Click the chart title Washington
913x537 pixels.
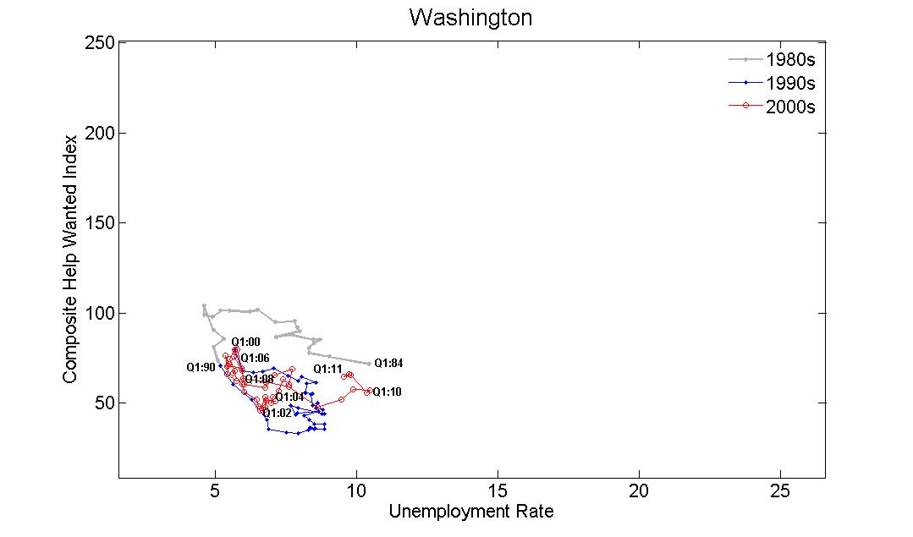(470, 18)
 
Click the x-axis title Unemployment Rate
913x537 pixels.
(470, 512)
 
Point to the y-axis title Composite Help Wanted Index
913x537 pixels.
(70, 257)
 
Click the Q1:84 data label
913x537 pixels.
(388, 364)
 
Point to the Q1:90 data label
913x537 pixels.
(201, 368)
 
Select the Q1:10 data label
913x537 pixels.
(387, 392)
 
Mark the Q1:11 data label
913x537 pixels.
(327, 370)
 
